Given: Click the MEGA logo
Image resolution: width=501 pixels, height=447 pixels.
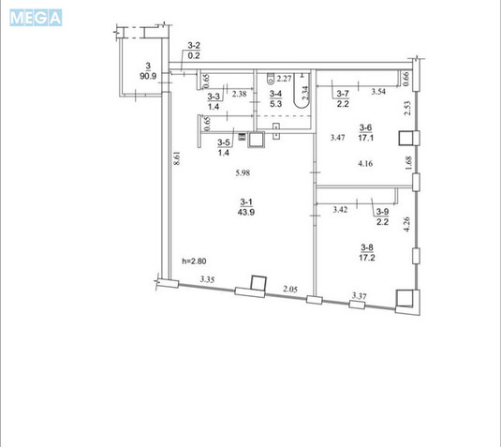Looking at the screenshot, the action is point(36,18).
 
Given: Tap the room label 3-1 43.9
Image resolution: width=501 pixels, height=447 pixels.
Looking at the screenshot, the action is point(246,207).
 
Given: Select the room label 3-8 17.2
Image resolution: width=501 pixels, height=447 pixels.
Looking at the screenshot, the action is point(367,253).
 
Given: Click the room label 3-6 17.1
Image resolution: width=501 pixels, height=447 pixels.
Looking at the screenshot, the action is point(366,133).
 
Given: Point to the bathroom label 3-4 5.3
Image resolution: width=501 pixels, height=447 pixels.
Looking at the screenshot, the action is point(275,98).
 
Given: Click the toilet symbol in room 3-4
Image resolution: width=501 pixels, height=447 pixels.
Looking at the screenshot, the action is point(271,79).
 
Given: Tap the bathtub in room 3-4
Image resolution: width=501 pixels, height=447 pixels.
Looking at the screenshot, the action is point(302,91).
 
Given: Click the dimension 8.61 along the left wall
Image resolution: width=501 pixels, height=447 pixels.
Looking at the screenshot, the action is point(177,158).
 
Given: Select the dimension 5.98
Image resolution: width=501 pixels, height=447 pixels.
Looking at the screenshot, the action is point(243,173).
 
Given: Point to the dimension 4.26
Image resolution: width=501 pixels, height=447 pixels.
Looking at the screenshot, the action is point(406,225).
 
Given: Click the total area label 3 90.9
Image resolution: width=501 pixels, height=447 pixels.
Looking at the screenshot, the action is point(148,71).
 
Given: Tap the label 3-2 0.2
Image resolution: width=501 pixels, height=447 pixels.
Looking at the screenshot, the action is point(194,51).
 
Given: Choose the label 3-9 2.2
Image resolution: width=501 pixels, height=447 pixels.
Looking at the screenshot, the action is point(382,216).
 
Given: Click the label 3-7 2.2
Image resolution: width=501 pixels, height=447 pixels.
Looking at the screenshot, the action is point(343,98).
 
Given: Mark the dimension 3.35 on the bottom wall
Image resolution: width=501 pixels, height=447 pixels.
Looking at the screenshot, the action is point(207,279).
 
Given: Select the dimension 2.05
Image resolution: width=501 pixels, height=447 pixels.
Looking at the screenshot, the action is point(290,290).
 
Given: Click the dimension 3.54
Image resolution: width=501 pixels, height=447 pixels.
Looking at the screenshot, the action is point(378,92).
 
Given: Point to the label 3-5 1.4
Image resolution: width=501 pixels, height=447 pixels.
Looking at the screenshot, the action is point(224,147).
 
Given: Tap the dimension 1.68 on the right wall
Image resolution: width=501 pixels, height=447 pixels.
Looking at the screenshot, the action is point(408,163).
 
